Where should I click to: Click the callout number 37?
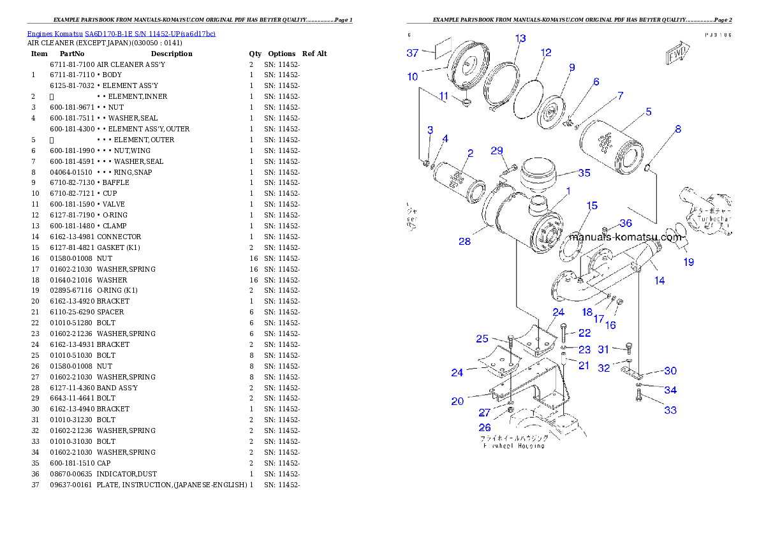[413, 54]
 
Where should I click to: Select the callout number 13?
[520, 39]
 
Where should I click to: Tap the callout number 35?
[584, 173]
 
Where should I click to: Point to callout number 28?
[464, 241]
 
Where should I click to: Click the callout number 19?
[689, 261]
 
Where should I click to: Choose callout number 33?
[670, 410]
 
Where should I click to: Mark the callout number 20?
[457, 401]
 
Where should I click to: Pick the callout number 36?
[626, 223]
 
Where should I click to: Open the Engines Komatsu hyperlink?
[121, 33]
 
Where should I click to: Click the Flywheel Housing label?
[513, 442]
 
